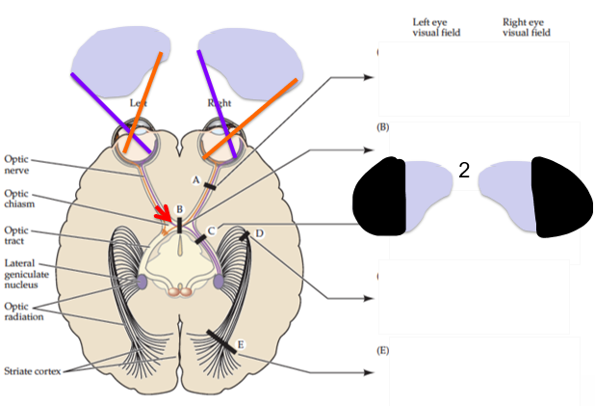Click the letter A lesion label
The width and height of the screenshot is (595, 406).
pos(196,178)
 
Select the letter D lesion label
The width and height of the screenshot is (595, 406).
pos(259,233)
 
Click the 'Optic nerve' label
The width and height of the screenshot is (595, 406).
pos(18,164)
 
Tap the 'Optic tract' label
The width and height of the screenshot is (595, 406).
pos(17,236)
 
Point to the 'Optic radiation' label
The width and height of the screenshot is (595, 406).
pos(22,311)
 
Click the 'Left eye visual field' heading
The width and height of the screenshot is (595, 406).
pos(436,26)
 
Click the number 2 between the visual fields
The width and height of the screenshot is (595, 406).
pos(464,171)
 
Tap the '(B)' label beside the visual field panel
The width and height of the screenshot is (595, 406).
pos(383,127)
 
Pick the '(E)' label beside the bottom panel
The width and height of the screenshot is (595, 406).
pos(383,350)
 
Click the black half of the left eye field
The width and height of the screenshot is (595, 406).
pos(382,198)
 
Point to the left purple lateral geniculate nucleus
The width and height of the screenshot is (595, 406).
pos(142,282)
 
